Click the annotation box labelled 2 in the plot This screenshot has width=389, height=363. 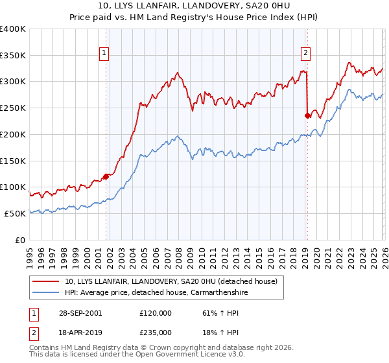[x=305, y=54]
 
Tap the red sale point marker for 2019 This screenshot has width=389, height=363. [x=307, y=115]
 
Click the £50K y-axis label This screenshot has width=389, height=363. [x=15, y=213]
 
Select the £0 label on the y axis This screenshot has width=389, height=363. [x=21, y=240]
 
